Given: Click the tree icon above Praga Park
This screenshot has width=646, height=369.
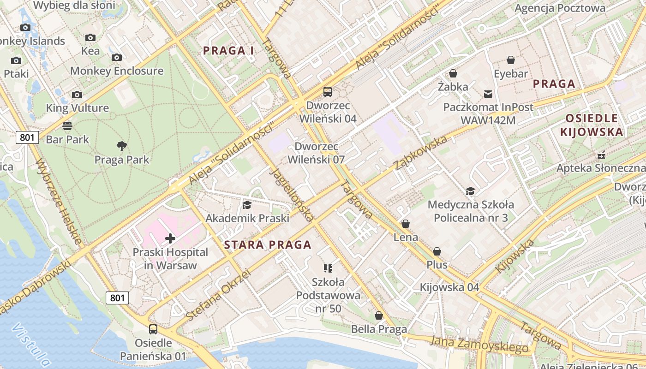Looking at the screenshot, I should pos(122,146).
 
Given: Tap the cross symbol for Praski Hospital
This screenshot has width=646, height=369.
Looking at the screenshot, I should pos(170,238).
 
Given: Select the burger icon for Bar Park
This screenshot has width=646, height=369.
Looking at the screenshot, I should pos(67,125).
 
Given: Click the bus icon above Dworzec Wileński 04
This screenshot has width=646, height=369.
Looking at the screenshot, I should pos(328,92).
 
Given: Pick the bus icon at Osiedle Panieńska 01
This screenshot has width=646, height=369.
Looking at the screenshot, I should pos(153,329).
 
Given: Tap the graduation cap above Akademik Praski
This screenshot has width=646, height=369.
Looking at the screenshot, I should pos(247,204).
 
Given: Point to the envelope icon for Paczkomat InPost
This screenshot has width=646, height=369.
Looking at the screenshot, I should pos(488,94).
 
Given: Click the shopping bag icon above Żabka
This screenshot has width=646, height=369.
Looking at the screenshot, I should pos(453,73).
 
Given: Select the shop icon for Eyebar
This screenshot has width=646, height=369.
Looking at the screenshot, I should pos(511,60).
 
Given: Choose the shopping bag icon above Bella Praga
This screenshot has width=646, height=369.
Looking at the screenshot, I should pos(379,316).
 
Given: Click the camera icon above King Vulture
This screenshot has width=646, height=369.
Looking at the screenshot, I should pos(77,95).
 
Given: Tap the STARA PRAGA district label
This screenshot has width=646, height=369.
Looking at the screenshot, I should pos(268,245).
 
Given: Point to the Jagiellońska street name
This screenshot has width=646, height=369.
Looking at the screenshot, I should pos(293,194).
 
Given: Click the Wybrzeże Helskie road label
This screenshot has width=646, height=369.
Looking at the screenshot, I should pos(59,202).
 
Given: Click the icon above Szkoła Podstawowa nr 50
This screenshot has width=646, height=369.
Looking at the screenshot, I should pos(328,268).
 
